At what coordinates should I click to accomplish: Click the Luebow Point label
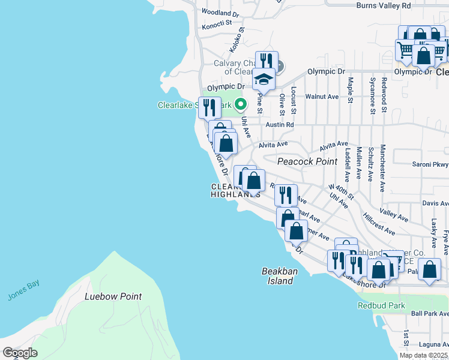pos(113,296)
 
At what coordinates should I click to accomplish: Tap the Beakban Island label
pos(280,276)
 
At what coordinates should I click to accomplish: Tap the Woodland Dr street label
pos(220,12)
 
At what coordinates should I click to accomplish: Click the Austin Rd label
pos(281,125)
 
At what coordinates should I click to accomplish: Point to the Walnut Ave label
pos(322,96)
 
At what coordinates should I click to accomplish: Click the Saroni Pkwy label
pos(430,164)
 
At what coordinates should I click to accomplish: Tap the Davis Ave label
pos(435,203)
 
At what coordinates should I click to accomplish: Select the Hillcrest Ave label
pos(379,223)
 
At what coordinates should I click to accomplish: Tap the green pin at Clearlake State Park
pos(240,104)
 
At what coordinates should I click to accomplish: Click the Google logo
pos(20,353)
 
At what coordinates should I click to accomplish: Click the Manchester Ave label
pos(382,167)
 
